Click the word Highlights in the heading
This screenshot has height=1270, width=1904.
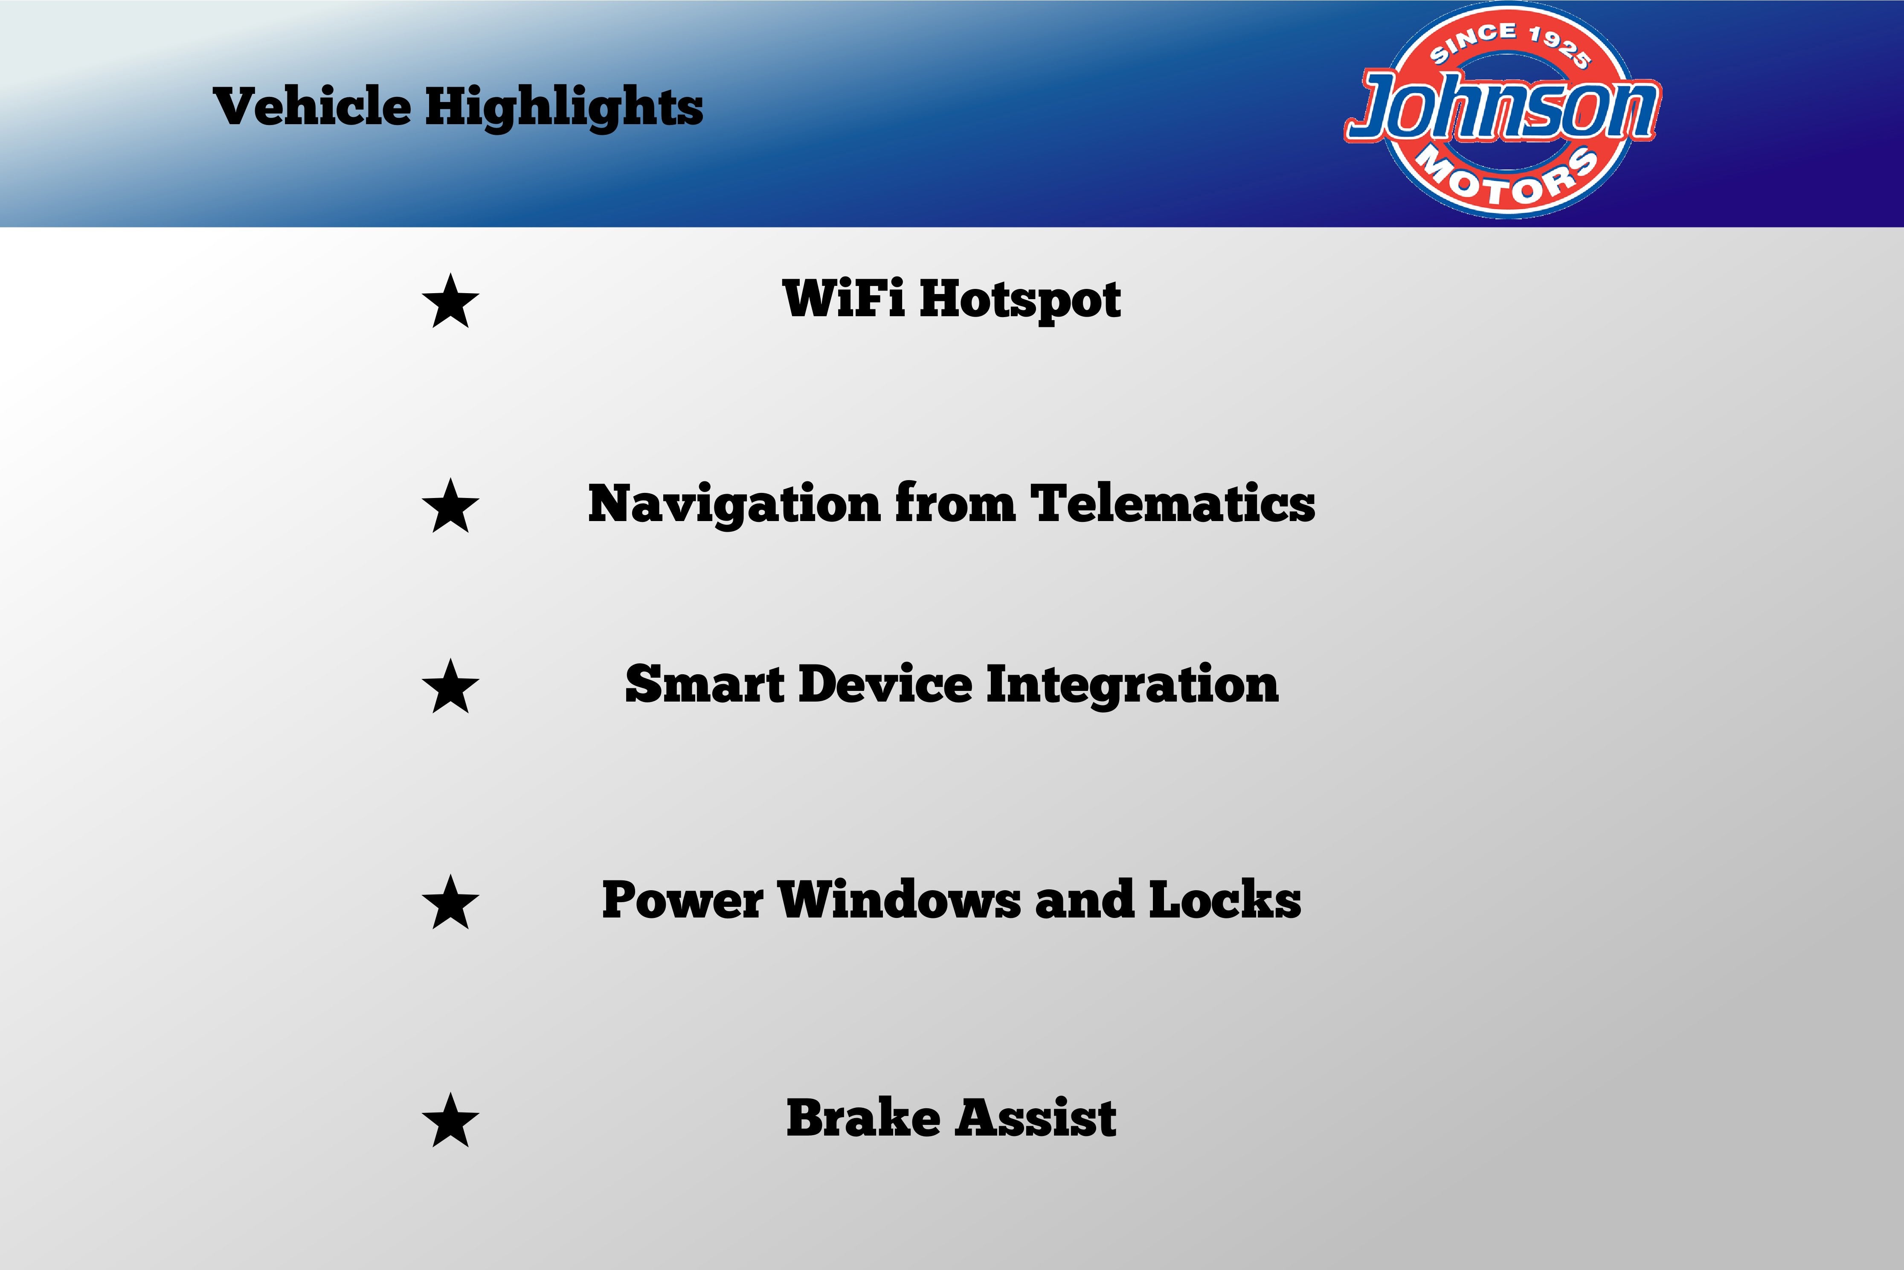564,108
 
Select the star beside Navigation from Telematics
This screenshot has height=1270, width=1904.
450,505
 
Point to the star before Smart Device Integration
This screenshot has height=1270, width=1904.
450,686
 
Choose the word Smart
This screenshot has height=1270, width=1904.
704,685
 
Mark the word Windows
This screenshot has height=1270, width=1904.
900,900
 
